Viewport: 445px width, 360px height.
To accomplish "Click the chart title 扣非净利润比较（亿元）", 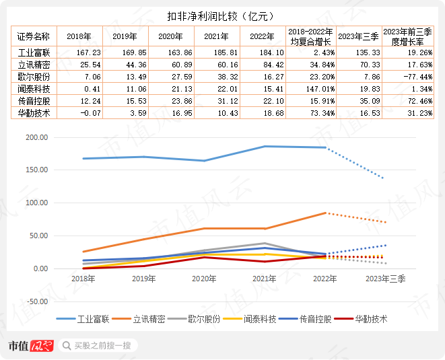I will pyautogui.click(x=222, y=15).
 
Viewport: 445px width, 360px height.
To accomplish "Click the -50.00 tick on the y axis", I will pyautogui.click(x=36, y=301).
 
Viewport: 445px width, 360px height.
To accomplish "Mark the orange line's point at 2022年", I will pyautogui.click(x=326, y=213).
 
